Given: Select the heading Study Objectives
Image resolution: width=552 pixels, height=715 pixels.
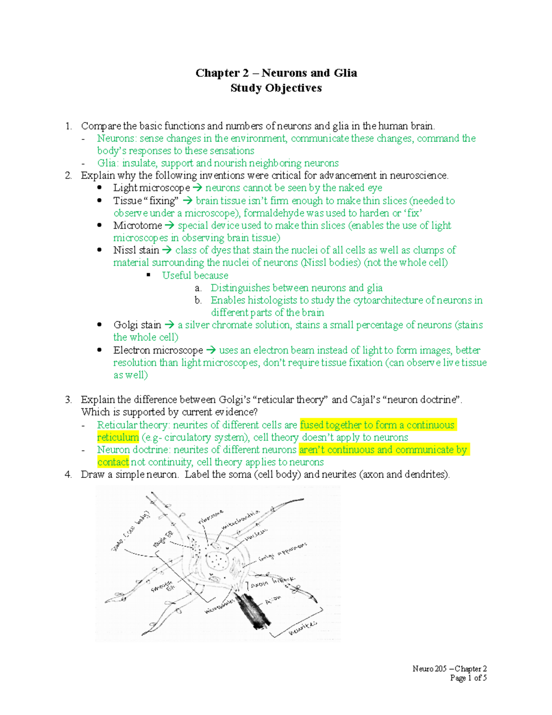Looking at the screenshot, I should click(276, 88).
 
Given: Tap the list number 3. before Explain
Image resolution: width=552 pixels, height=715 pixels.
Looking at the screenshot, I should click(68, 400).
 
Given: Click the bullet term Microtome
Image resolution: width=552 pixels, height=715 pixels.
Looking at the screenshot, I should click(138, 226).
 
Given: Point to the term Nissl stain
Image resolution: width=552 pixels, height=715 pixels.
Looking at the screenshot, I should click(136, 250).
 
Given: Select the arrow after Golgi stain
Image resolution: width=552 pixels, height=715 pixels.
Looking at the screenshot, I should click(169, 325).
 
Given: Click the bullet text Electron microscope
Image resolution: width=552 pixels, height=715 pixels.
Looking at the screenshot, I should click(158, 350).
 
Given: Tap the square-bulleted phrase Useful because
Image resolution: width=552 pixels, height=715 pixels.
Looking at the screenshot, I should click(195, 275).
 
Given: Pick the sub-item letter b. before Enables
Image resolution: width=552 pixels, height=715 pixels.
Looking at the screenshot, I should click(198, 300).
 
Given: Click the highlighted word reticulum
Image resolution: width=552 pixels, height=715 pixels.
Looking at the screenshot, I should click(118, 437).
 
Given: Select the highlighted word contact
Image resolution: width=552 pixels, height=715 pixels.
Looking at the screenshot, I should click(113, 462).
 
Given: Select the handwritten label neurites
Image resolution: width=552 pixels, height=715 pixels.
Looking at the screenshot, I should click(303, 628).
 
